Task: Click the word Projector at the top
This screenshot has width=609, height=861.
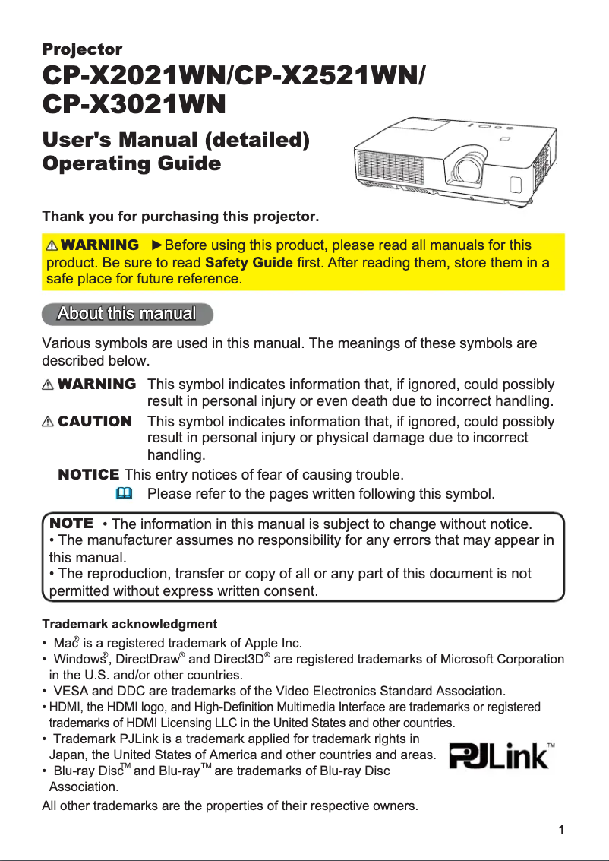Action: point(82,50)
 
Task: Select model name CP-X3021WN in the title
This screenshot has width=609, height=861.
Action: point(133,104)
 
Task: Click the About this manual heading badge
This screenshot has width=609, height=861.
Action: point(127,314)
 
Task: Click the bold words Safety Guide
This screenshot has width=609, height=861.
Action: point(249,263)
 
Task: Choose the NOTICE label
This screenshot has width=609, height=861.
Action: point(88,475)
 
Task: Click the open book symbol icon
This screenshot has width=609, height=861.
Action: point(124,494)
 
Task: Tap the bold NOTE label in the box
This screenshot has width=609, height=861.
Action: point(71,524)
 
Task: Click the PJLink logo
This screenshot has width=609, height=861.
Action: point(502,757)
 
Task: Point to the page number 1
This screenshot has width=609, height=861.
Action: point(560,829)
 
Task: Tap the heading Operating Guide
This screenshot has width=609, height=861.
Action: point(132,164)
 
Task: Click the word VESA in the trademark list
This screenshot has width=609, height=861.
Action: point(71,691)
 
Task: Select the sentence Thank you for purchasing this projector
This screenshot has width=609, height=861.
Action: point(180,217)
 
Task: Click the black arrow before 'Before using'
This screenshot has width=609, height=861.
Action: point(157,246)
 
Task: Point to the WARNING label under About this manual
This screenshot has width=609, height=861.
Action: point(96,385)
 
